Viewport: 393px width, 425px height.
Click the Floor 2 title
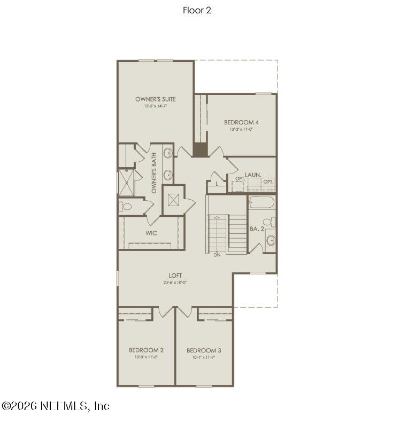pyautogui.click(x=197, y=10)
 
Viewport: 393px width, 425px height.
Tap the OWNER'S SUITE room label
pyautogui.click(x=155, y=99)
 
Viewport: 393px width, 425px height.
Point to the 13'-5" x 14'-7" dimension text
pyautogui.click(x=155, y=106)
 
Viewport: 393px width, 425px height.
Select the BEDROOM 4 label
pyautogui.click(x=241, y=122)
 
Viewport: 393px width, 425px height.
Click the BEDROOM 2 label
pyautogui.click(x=146, y=350)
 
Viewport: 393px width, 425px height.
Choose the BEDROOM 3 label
pyautogui.click(x=204, y=350)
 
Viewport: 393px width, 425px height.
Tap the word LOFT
pyautogui.click(x=175, y=276)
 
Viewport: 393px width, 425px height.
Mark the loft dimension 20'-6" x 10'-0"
pyautogui.click(x=175, y=282)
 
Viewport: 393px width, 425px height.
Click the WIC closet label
pyautogui.click(x=151, y=233)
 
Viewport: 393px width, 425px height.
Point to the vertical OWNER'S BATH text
pyautogui.click(x=154, y=173)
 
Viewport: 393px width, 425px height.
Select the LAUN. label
pyautogui.click(x=253, y=175)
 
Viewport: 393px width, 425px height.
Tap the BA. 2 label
pyautogui.click(x=257, y=229)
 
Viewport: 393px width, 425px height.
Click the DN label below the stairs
pyautogui.click(x=217, y=255)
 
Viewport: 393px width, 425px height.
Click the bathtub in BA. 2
pyautogui.click(x=261, y=203)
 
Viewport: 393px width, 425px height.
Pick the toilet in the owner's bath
pyautogui.click(x=126, y=206)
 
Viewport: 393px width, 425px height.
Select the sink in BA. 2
pyautogui.click(x=271, y=240)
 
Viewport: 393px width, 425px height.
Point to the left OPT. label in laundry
pyautogui.click(x=240, y=178)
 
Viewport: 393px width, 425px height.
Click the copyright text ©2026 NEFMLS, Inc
pyautogui.click(x=56, y=406)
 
